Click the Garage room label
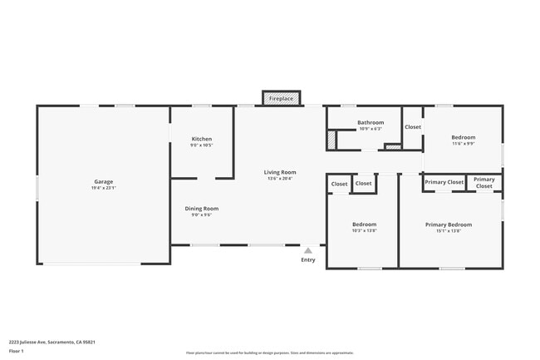click(x=103, y=181)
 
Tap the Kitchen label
click(x=202, y=139)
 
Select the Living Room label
click(x=281, y=172)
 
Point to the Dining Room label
click(x=201, y=209)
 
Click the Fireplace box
click(x=281, y=99)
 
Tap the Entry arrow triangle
click(x=308, y=249)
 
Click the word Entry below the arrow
click(x=308, y=260)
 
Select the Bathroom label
click(x=371, y=122)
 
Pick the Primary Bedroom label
click(x=449, y=224)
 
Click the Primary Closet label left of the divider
click(x=444, y=182)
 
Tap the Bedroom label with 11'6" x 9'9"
click(x=464, y=137)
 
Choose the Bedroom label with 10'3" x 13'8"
click(x=364, y=224)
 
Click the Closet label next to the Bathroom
click(x=413, y=127)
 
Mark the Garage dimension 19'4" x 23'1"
click(x=103, y=188)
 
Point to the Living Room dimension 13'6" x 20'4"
click(x=281, y=179)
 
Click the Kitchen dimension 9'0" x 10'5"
click(x=202, y=145)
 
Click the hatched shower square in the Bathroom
click(x=332, y=141)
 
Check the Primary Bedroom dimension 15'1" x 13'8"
click(x=449, y=231)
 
